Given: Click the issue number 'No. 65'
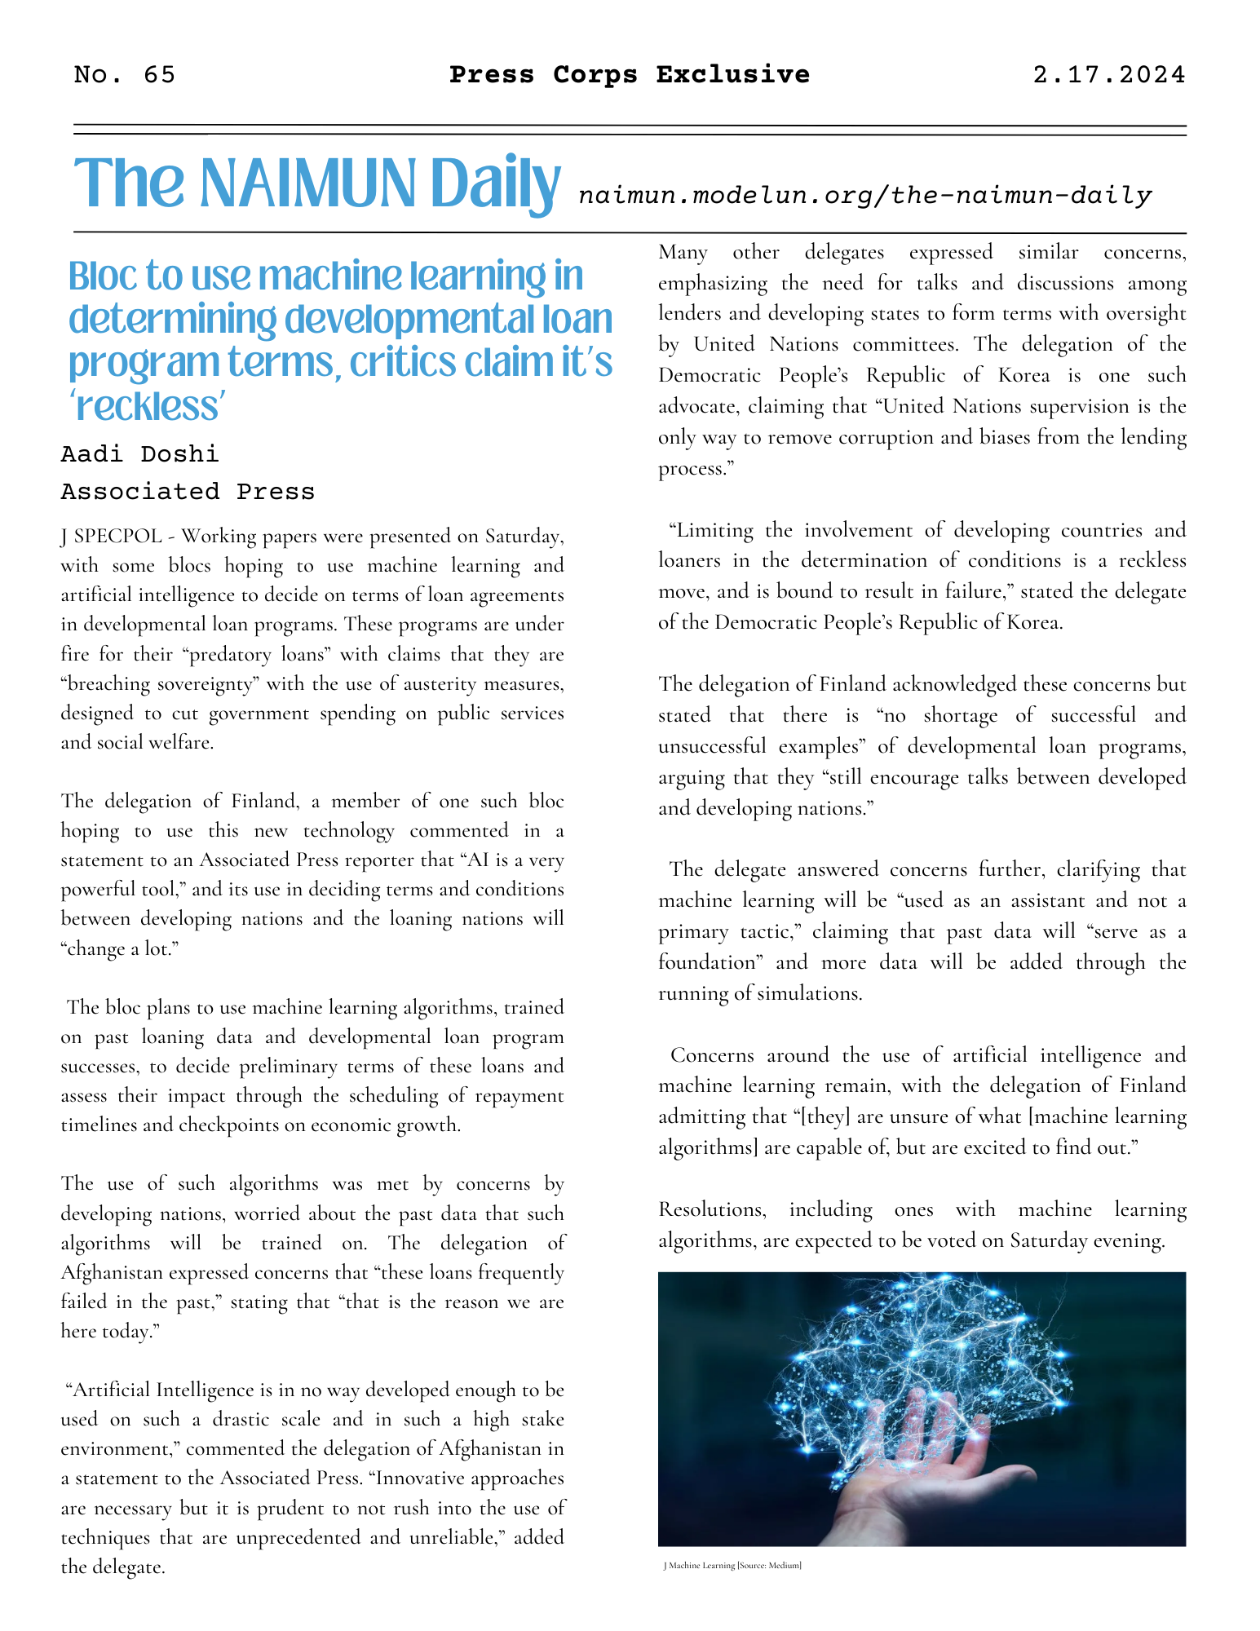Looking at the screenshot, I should click(x=124, y=75).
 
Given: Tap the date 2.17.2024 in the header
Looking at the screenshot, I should click(x=1108, y=75).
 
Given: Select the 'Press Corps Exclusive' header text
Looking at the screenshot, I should click(x=630, y=75).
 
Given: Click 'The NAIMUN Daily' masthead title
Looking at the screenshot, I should click(x=317, y=184).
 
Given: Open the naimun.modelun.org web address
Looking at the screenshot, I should click(x=864, y=196).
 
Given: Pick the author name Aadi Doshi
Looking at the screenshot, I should click(x=140, y=454).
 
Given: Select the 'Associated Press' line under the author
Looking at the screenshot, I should click(x=188, y=492).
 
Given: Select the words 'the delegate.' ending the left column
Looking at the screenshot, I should click(x=113, y=1567).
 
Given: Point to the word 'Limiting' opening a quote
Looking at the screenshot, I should click(x=710, y=531).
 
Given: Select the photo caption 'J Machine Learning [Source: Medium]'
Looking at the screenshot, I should click(x=732, y=1566).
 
